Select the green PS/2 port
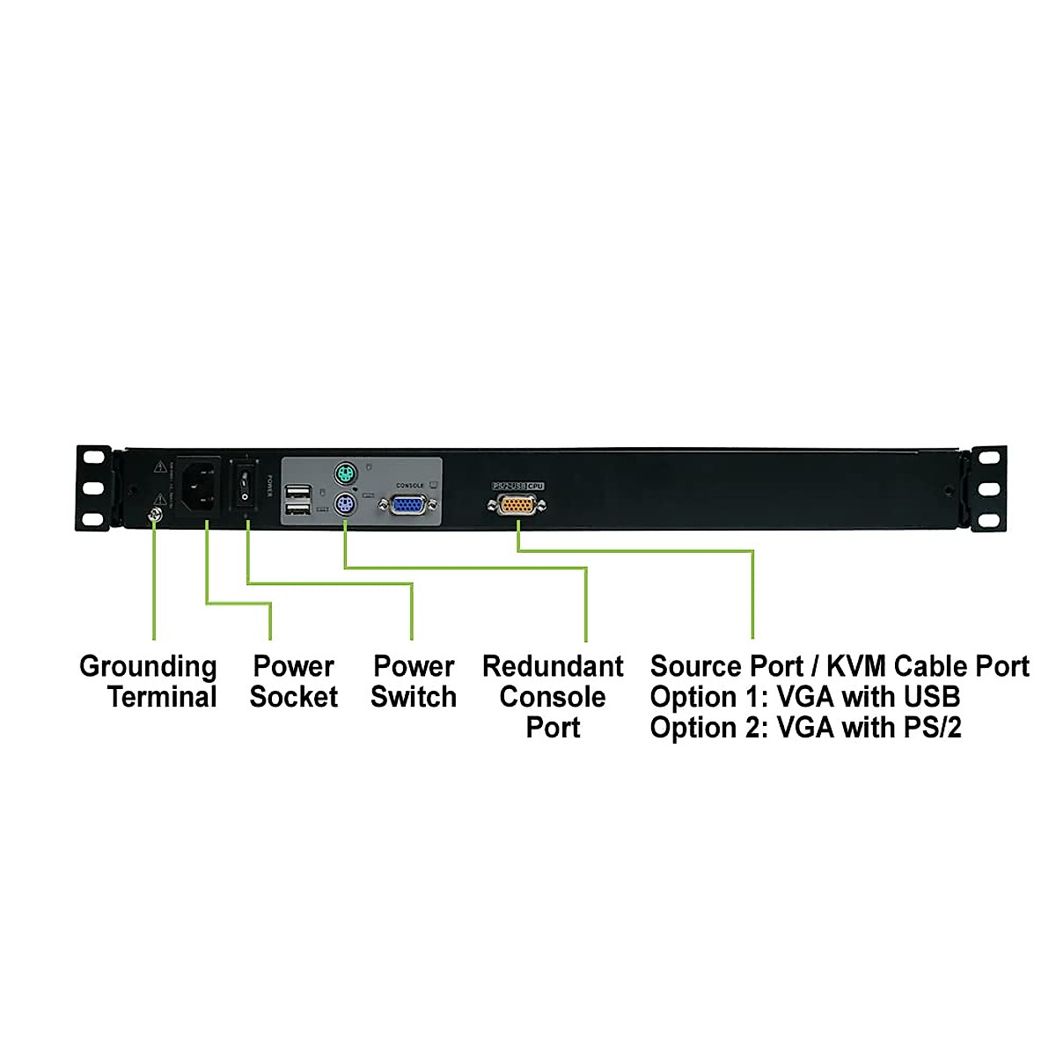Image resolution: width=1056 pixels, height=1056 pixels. pyautogui.click(x=344, y=476)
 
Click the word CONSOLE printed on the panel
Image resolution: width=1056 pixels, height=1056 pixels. pyautogui.click(x=410, y=486)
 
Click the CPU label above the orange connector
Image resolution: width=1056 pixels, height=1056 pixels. pyautogui.click(x=536, y=486)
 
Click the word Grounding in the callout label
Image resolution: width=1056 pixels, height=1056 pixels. pyautogui.click(x=148, y=667)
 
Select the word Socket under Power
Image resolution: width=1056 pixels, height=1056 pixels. pyautogui.click(x=294, y=697)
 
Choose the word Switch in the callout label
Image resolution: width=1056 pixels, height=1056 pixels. pyautogui.click(x=414, y=697)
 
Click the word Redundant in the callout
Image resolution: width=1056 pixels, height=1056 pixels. pyautogui.click(x=553, y=666)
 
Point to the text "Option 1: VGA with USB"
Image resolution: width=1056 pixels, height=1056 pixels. pyautogui.click(x=804, y=697)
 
